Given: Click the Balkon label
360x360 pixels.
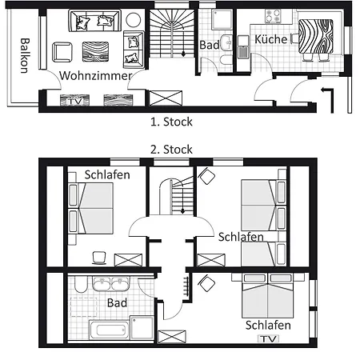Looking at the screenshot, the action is tap(25, 55).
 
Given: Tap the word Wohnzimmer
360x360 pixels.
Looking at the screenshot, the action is tap(96, 76).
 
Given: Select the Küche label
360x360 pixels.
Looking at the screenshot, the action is tap(271, 39).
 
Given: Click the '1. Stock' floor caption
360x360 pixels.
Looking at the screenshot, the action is tap(171, 122).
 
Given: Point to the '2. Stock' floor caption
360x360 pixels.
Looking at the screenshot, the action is tap(171, 150).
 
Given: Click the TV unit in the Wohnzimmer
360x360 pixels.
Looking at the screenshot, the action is tap(74, 101).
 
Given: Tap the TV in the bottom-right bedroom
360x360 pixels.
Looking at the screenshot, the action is tap(268, 338).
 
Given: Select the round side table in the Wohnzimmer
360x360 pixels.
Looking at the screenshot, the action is tap(134, 20).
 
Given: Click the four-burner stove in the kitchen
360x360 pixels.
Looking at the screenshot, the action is tap(273, 16).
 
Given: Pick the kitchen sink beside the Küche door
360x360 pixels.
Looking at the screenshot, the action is tap(243, 47).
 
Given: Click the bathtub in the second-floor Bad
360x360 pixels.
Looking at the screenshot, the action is tap(110, 330).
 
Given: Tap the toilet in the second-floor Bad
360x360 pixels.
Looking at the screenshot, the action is tap(81, 284).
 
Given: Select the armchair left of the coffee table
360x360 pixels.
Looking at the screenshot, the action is tap(62, 52).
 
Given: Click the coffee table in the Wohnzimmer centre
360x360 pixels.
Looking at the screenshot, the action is tap(95, 51).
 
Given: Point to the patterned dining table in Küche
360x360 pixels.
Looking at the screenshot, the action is tap(316, 36).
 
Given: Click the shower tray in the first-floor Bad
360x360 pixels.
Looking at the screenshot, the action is tap(222, 19).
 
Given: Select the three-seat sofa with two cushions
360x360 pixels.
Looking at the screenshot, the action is tap(94, 21).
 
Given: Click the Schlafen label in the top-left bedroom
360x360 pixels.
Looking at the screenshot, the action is tap(107, 175).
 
